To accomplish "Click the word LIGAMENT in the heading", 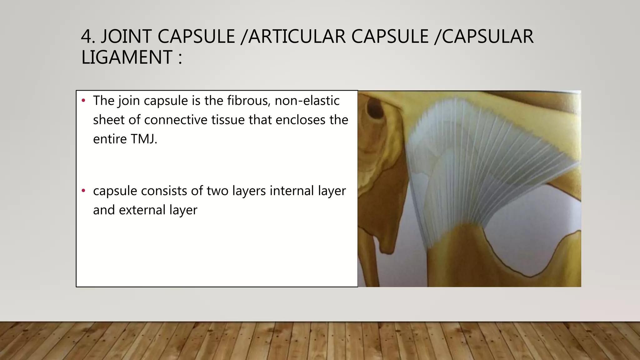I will pyautogui.click(x=127, y=57).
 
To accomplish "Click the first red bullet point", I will pyautogui.click(x=83, y=101).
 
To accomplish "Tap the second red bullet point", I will pyautogui.click(x=83, y=191).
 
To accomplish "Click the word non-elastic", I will pyautogui.click(x=307, y=101).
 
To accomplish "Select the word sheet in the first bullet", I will pyautogui.click(x=108, y=120).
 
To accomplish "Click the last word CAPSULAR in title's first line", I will pyautogui.click(x=487, y=37).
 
